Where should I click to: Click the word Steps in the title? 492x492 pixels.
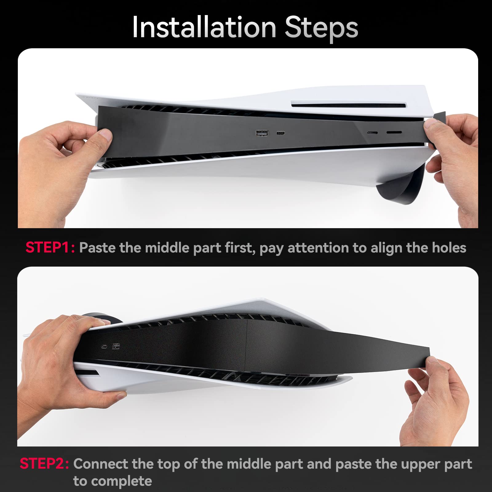click(x=321, y=28)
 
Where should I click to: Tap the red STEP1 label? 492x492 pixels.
click(x=50, y=248)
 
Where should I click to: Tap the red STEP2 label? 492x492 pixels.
click(x=45, y=464)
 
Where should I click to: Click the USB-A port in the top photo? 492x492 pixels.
click(x=262, y=133)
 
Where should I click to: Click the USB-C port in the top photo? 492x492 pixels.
click(x=280, y=133)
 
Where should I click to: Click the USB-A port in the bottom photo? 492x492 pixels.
click(x=116, y=347)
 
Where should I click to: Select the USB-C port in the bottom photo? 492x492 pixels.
click(x=105, y=347)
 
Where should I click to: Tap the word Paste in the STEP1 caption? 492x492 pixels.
click(x=97, y=248)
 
